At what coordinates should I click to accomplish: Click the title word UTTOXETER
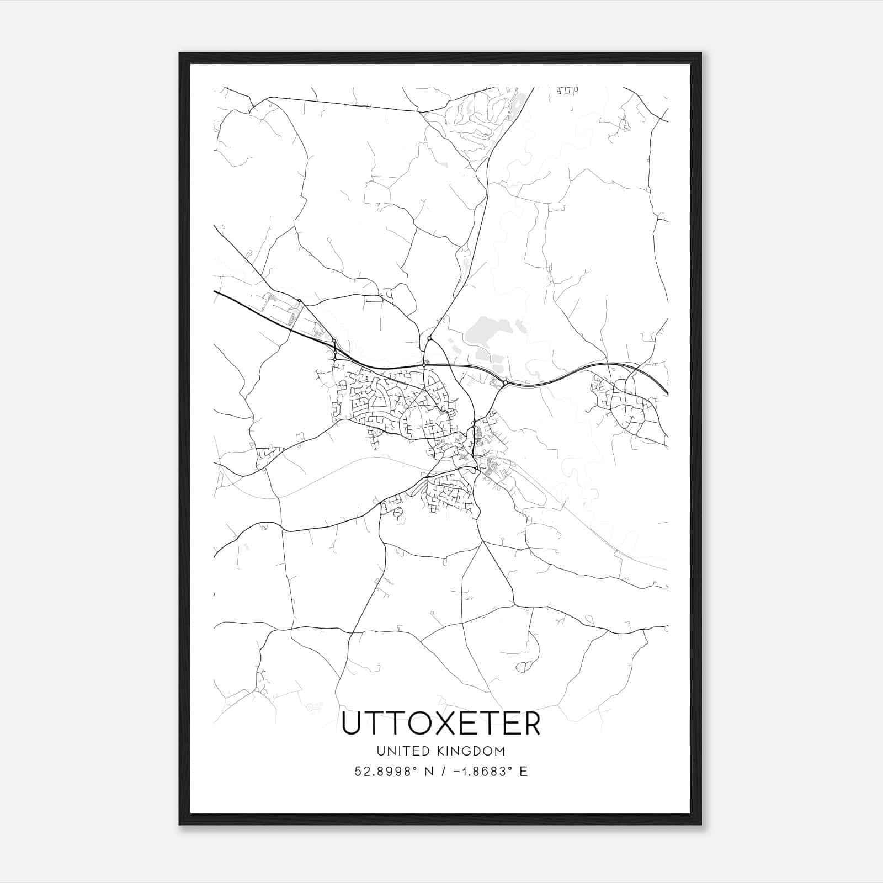pos(441,724)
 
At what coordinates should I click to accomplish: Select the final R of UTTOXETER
pos(531,724)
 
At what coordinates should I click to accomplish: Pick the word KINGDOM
pos(475,751)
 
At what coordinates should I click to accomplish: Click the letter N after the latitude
pos(426,772)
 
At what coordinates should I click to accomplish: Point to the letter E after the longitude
pos(523,772)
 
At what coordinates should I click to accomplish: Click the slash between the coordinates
pos(440,772)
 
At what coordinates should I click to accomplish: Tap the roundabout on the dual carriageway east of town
pos(505,382)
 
